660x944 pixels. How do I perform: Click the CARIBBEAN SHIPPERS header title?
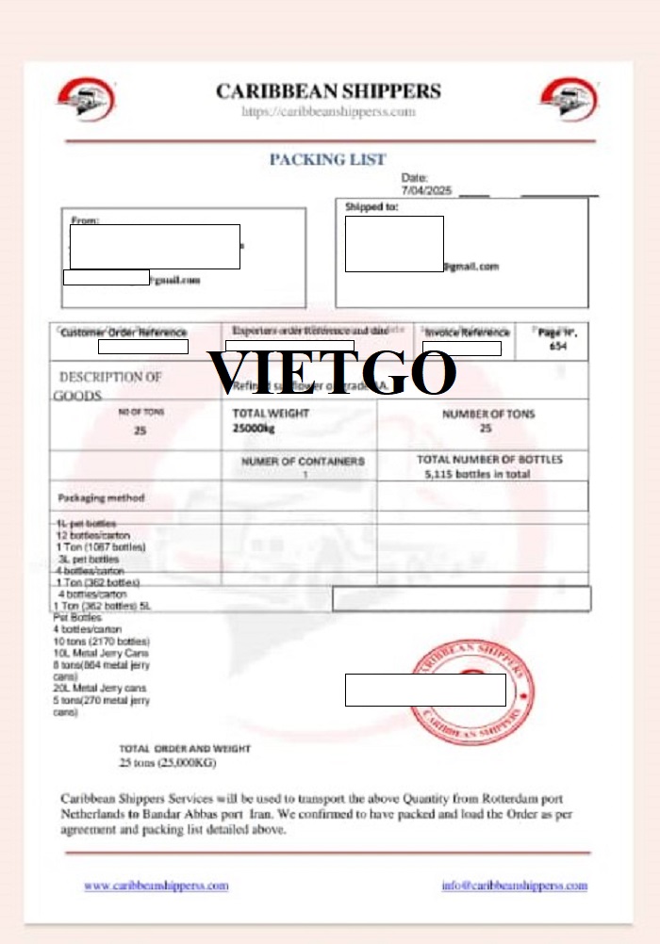(x=328, y=91)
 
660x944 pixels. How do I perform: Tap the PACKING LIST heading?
(x=327, y=159)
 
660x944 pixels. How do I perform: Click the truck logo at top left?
(x=86, y=99)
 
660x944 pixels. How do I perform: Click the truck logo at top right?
(x=569, y=99)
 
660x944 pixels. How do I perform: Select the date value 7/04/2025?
(x=427, y=190)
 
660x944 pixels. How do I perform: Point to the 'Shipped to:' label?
(x=371, y=206)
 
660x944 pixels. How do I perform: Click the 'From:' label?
(x=85, y=220)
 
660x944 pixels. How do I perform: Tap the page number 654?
(x=558, y=346)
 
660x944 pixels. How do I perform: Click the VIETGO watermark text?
(x=332, y=373)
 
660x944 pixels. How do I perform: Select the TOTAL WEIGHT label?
(x=271, y=414)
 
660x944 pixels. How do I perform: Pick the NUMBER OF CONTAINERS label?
(x=303, y=462)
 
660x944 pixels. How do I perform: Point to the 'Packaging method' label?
(x=101, y=496)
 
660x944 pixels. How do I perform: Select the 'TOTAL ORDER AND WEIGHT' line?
(x=185, y=748)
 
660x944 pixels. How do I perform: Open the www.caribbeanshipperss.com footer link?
(x=156, y=886)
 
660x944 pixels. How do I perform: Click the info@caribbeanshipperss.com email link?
(x=514, y=886)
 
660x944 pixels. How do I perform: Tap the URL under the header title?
(x=328, y=112)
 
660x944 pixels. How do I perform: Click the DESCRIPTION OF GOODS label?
(x=108, y=385)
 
